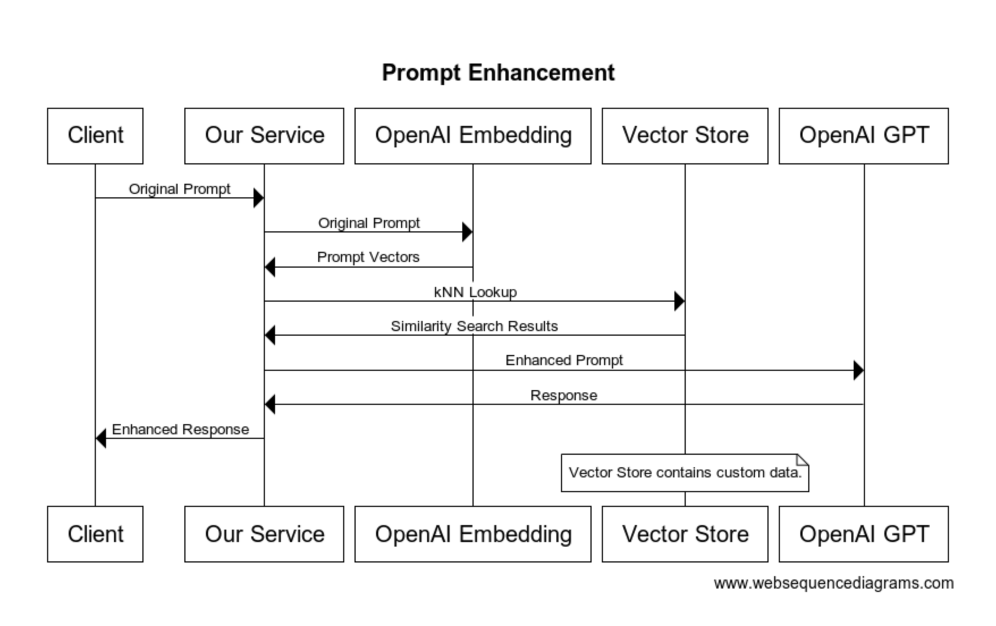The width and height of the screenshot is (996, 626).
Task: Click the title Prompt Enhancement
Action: (498, 73)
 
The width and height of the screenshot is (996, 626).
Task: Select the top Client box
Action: (95, 136)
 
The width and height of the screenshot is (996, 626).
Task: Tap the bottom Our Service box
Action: (264, 534)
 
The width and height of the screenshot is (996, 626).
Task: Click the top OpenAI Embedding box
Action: (473, 136)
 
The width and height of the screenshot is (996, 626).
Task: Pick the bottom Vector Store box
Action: (685, 534)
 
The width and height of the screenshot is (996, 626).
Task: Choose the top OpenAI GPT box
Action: (863, 136)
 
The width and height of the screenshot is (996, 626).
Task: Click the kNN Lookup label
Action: (475, 292)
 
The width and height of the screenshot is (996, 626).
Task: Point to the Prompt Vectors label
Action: (368, 257)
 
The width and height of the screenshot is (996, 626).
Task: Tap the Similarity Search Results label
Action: (474, 327)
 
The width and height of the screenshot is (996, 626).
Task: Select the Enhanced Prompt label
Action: (564, 361)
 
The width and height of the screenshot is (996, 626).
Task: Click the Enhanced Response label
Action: (180, 430)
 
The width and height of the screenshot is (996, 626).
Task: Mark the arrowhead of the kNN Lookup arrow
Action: (679, 301)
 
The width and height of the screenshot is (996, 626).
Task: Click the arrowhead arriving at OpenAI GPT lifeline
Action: (858, 370)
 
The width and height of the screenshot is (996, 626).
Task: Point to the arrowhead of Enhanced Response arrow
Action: (101, 438)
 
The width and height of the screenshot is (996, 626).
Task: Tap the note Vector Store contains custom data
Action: (685, 473)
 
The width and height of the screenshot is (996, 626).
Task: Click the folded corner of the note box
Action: (803, 459)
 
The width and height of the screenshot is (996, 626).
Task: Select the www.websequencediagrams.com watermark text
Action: (834, 583)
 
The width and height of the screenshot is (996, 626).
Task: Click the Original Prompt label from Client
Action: (179, 189)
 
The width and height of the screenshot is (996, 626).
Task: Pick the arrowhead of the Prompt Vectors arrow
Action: (270, 267)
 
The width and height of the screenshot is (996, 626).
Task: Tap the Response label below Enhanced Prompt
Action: (564, 396)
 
